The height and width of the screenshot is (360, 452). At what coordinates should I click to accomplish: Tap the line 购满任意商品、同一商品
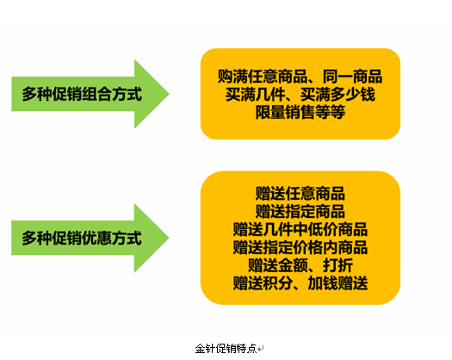coord(300,77)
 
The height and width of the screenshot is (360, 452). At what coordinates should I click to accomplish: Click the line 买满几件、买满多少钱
coord(300,95)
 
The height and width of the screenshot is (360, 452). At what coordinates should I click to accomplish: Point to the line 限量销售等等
coord(300,112)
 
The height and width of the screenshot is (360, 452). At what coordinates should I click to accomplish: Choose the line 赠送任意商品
coord(300,194)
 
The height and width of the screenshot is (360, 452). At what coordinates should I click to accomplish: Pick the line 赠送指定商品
coord(300,212)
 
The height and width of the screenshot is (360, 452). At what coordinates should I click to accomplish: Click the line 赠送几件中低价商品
coord(300,229)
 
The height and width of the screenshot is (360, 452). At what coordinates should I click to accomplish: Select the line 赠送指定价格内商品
coord(300,247)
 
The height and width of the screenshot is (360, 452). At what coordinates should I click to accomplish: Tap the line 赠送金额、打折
coord(300,265)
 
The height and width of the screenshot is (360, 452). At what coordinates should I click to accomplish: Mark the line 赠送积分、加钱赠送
coord(300,283)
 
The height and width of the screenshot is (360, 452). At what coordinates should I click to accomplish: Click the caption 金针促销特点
coord(226,349)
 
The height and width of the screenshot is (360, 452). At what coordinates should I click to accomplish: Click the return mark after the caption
coord(261,350)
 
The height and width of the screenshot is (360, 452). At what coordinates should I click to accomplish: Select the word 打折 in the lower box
coord(337,265)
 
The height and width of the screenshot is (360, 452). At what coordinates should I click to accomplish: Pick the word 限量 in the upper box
coord(270,112)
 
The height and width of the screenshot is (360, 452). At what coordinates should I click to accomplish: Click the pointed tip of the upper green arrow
coord(169,94)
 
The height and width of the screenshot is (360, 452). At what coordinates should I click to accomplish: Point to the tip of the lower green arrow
coord(169,238)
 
